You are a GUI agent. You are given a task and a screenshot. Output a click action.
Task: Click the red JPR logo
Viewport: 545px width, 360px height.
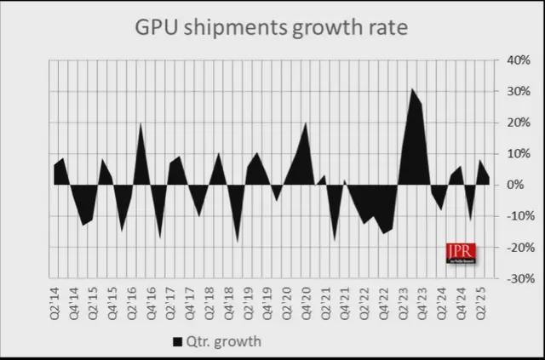tap(461, 253)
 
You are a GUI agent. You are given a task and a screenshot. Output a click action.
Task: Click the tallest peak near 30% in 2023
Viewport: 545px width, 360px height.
tap(412, 89)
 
